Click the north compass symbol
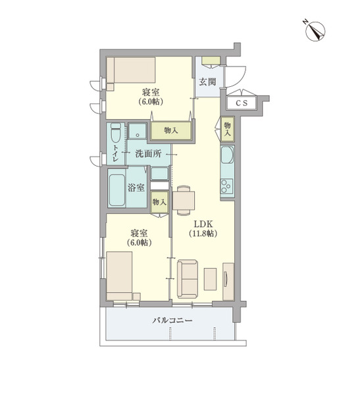pos(314,31)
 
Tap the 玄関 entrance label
pos(207,82)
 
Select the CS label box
pos(242,103)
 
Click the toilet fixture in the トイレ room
pos(116,133)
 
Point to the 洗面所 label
pos(148,153)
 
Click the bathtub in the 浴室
pos(116,188)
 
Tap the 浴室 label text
pos(136,188)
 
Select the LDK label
pos(203,224)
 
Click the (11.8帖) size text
pos(203,234)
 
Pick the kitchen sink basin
pos(227,155)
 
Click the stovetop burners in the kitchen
pos(227,186)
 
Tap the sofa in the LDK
pos(187,279)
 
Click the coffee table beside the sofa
pos(210,279)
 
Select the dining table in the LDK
pos(184,201)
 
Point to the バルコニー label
pos(172,321)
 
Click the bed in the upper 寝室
pos(131,70)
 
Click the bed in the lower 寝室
pos(119,276)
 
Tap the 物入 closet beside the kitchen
pos(228,129)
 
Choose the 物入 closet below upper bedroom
pos(171,130)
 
